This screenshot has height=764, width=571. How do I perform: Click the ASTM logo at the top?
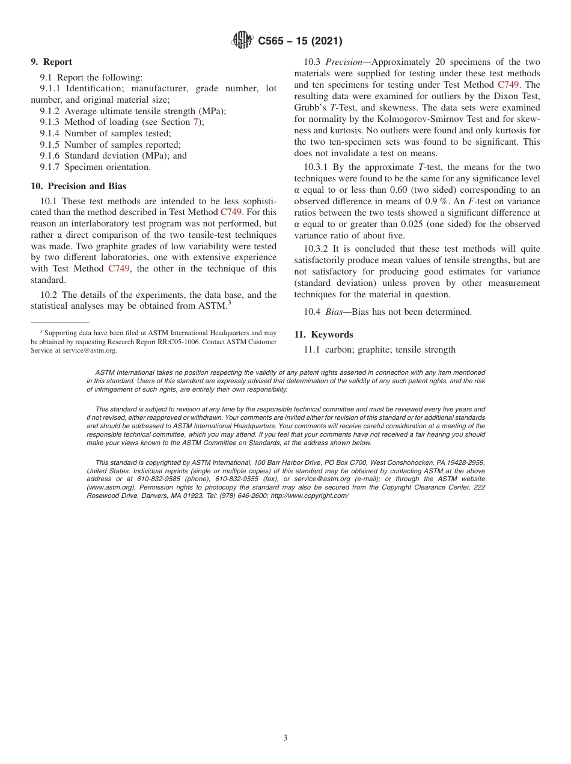[242, 41]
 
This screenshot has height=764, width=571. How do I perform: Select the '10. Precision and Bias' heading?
[78, 186]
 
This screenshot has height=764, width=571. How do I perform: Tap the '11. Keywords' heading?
[323, 335]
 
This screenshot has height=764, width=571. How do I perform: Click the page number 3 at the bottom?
[285, 738]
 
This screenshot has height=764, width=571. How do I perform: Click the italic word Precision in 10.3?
[343, 62]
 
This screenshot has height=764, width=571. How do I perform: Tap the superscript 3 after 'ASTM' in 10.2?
[229, 303]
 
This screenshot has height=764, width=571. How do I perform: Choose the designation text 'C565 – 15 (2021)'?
[300, 41]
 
